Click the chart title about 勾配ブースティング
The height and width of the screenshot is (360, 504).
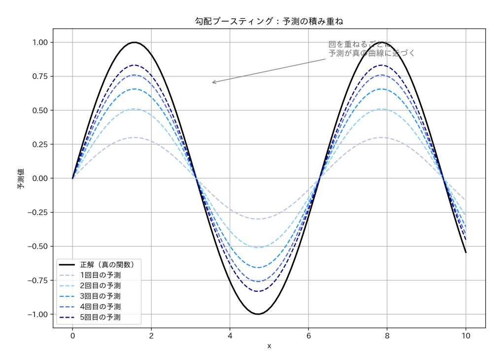pos(269,21)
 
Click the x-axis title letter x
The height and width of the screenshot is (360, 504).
pos(269,346)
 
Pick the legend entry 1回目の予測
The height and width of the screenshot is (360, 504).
pos(100,275)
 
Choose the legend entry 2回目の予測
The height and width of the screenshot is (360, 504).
pos(100,286)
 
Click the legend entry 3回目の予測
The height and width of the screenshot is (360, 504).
pos(100,296)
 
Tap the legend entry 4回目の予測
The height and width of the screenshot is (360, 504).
pos(100,307)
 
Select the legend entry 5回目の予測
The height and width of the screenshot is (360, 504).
pos(100,317)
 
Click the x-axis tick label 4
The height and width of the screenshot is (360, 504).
pos(230,336)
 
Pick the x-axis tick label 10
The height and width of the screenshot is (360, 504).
pos(466,336)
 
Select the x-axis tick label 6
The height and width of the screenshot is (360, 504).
pos(308,336)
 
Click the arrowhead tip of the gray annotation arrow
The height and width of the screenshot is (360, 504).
pos(212,82)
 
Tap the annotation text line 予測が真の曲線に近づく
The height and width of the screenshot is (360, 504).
pos(372,53)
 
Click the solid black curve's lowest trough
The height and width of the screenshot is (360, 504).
pos(258,314)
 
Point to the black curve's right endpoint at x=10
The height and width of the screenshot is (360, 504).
pos(466,252)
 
